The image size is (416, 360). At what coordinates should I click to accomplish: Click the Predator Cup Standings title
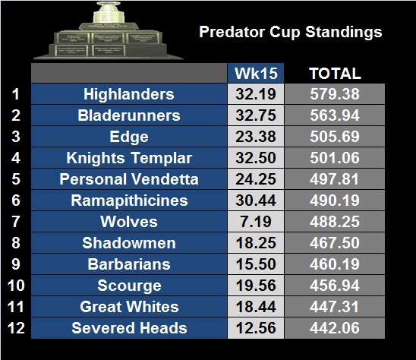[x=291, y=33]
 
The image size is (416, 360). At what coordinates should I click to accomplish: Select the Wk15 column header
[x=256, y=73]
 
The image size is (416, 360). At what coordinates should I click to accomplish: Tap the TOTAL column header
[x=335, y=73]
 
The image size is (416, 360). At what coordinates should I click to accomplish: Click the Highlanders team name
[x=129, y=94]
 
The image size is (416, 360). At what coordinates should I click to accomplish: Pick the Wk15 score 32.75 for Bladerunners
[x=256, y=115]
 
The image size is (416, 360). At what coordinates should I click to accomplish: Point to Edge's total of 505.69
[x=335, y=137]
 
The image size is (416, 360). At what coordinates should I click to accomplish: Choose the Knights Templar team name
[x=129, y=158]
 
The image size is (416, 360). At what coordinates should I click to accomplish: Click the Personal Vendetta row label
[x=129, y=179]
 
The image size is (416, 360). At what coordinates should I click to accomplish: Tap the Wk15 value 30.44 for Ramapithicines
[x=256, y=201]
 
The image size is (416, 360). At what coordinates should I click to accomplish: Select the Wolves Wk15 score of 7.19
[x=256, y=222]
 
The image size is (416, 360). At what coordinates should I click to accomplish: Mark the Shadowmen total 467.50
[x=335, y=243]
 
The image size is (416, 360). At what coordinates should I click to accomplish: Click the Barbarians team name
[x=129, y=264]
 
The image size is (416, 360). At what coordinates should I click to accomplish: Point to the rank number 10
[x=16, y=286]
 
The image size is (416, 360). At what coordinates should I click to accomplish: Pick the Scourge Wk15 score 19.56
[x=256, y=286]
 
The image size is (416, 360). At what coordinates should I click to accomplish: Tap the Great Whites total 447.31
[x=335, y=307]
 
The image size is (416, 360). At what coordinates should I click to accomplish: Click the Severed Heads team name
[x=129, y=328]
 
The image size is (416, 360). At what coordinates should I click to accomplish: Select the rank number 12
[x=16, y=328]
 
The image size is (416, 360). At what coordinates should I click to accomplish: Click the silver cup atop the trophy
[x=109, y=13]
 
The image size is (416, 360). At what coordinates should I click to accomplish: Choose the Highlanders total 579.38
[x=335, y=94]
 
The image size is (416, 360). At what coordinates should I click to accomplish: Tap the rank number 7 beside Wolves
[x=16, y=222]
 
